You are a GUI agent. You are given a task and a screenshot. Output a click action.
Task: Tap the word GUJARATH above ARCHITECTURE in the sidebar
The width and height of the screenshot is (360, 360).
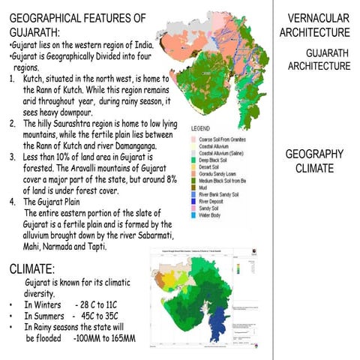coord(328,53)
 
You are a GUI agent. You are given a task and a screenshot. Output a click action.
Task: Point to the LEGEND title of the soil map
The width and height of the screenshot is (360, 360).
coord(206,128)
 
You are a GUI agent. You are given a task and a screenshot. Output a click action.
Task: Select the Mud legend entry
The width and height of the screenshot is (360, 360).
coord(206,188)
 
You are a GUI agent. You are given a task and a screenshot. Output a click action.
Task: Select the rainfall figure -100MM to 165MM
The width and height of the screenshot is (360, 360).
coord(105,339)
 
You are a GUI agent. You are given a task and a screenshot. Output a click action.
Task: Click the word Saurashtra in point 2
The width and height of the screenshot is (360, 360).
coord(76,123)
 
